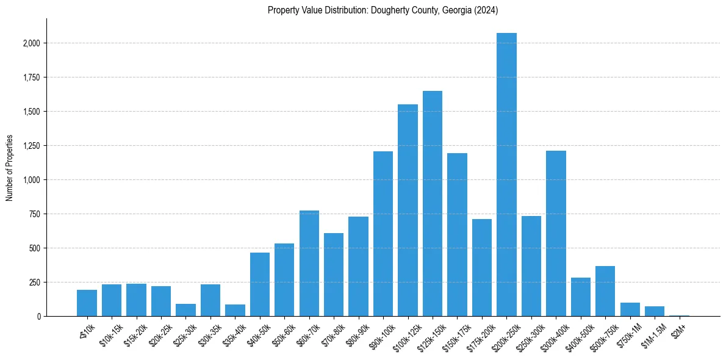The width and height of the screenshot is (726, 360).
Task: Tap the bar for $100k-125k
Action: (x=408, y=210)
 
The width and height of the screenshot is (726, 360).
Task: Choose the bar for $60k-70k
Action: (x=309, y=263)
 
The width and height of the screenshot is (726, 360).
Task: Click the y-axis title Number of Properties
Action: (x=10, y=167)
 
